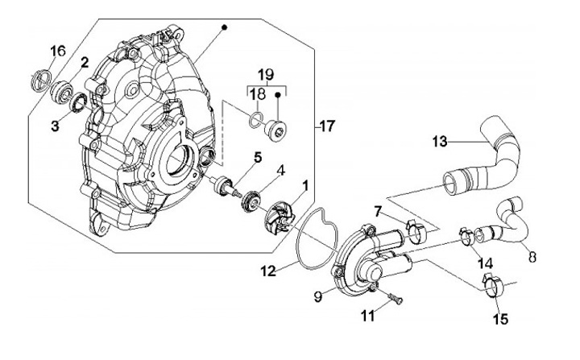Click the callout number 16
(x=57, y=50)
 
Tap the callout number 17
(x=327, y=126)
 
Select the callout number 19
(x=266, y=75)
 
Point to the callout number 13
(x=440, y=141)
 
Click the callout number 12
(x=268, y=271)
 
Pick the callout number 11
(x=367, y=316)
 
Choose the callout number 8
(x=532, y=257)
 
